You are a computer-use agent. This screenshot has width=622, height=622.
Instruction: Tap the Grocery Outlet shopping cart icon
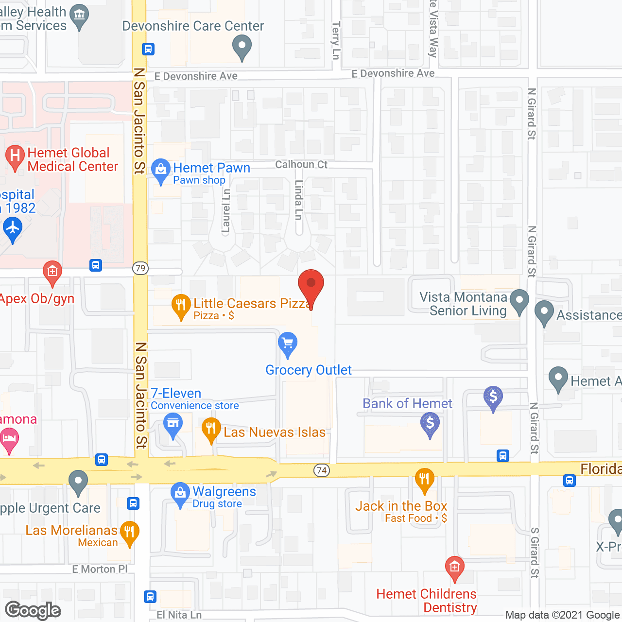(288, 344)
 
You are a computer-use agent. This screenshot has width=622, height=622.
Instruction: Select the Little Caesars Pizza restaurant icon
(181, 306)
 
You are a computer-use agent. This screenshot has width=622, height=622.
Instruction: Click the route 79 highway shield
(140, 268)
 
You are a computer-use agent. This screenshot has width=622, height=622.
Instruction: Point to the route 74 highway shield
(321, 470)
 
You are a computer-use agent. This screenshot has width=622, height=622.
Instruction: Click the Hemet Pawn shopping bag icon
(160, 170)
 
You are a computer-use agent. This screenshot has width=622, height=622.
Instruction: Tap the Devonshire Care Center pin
(242, 48)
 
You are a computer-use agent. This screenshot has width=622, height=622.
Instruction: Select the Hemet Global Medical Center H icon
(15, 156)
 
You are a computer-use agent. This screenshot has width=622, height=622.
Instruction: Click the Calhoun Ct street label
(301, 165)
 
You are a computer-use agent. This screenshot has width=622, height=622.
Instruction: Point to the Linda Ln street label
(299, 200)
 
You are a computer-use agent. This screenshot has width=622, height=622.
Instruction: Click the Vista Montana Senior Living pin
(519, 301)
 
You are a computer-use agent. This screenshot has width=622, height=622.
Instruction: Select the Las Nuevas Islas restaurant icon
(211, 430)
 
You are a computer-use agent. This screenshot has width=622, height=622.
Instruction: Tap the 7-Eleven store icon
(173, 424)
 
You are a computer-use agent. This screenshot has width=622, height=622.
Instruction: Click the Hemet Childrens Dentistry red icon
(454, 568)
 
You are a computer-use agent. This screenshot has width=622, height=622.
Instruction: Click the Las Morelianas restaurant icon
(129, 532)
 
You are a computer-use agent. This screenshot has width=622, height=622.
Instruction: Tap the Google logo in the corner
(33, 610)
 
